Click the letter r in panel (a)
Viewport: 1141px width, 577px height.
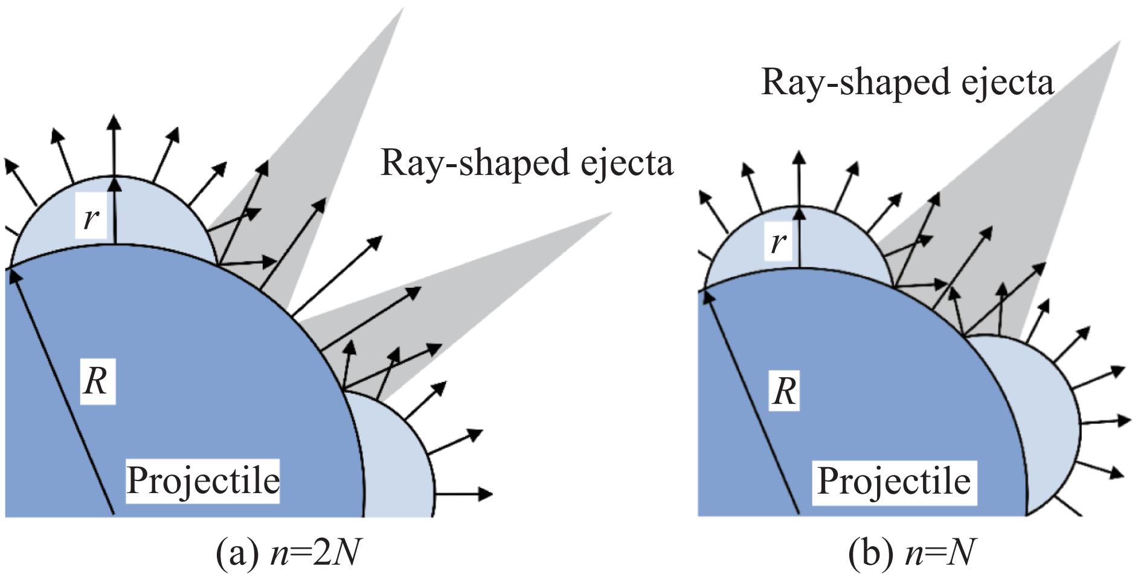coord(90,217)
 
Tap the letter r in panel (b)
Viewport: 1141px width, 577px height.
coord(779,242)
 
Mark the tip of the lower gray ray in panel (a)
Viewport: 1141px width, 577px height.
coord(610,213)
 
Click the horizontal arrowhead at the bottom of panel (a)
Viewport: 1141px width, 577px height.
coord(486,494)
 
